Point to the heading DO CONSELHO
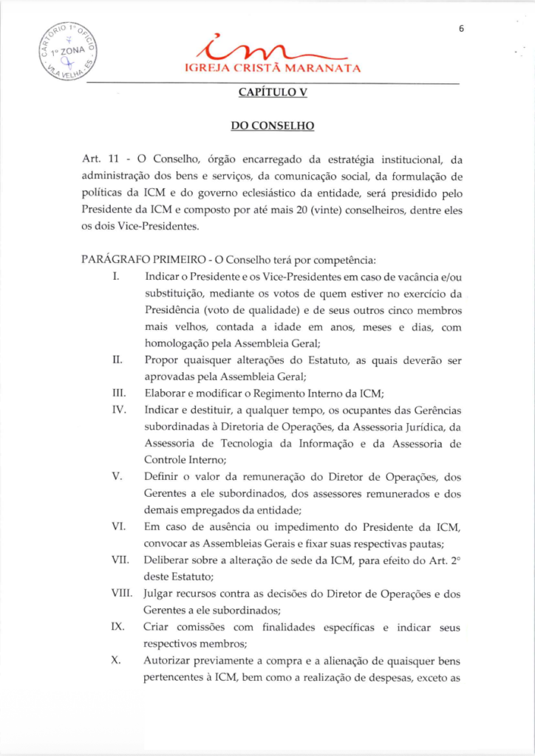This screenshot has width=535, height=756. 273,126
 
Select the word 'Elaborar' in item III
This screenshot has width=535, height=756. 166,394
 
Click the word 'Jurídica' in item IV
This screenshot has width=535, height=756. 426,427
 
